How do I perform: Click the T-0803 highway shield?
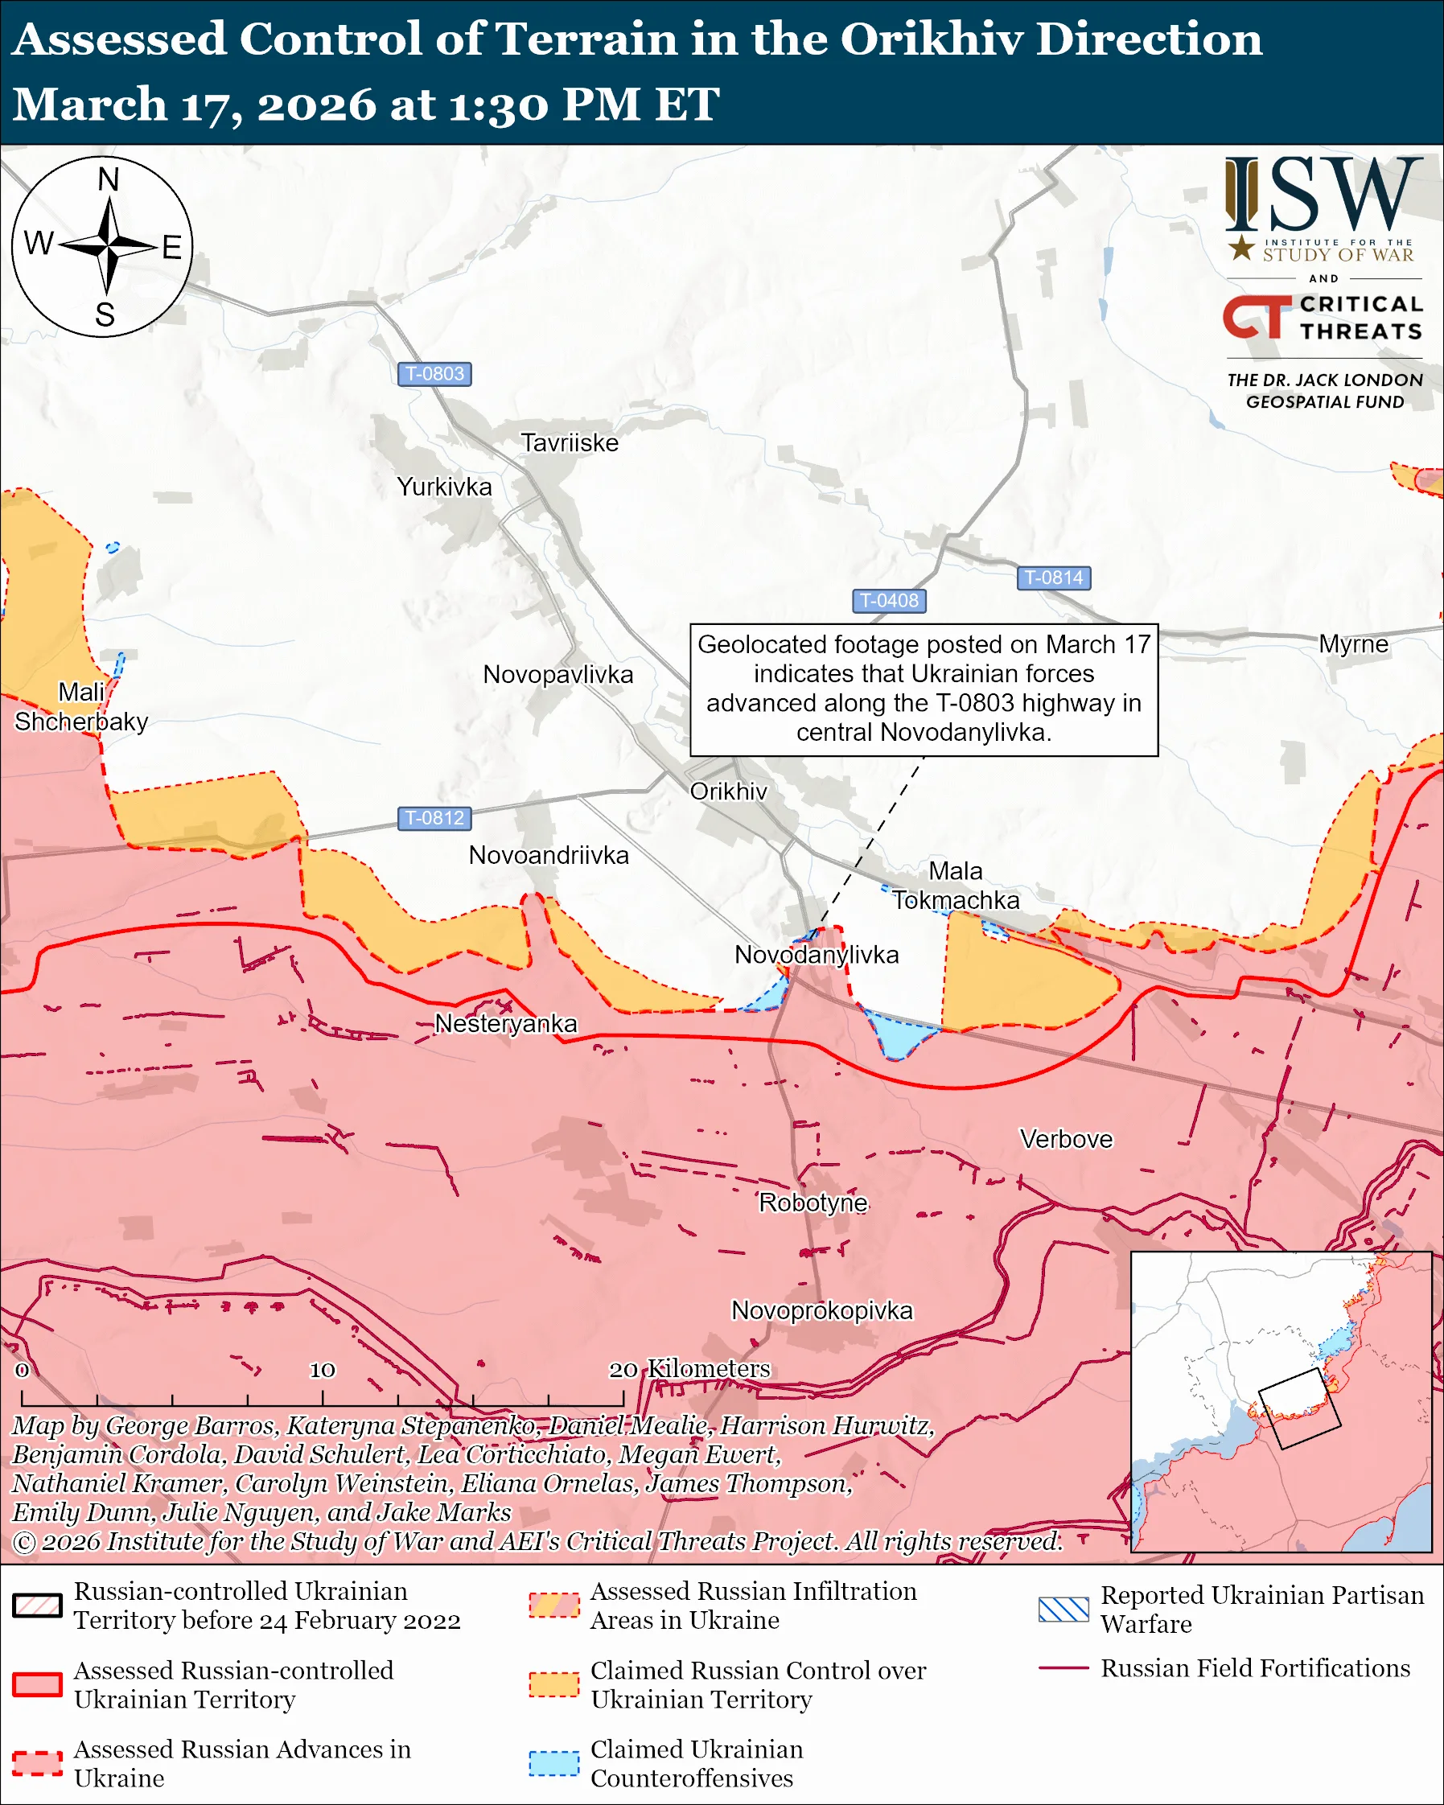click(434, 373)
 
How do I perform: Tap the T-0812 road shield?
click(434, 818)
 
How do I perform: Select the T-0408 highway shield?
click(889, 600)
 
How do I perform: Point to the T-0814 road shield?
click(1053, 578)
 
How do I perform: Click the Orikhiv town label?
click(728, 791)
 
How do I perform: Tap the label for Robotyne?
click(813, 1203)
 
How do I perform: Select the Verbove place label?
click(1066, 1139)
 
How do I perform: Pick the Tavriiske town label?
click(570, 443)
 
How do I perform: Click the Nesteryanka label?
click(506, 1023)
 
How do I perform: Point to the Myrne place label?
click(1353, 643)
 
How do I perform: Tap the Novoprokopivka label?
click(821, 1310)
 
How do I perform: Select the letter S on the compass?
click(105, 315)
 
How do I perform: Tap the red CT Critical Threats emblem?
click(1256, 317)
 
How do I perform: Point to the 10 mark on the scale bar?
click(323, 1370)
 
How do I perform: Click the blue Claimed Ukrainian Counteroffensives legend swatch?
click(553, 1763)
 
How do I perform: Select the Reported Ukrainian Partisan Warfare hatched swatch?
click(1063, 1609)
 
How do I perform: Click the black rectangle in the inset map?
click(1299, 1408)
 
